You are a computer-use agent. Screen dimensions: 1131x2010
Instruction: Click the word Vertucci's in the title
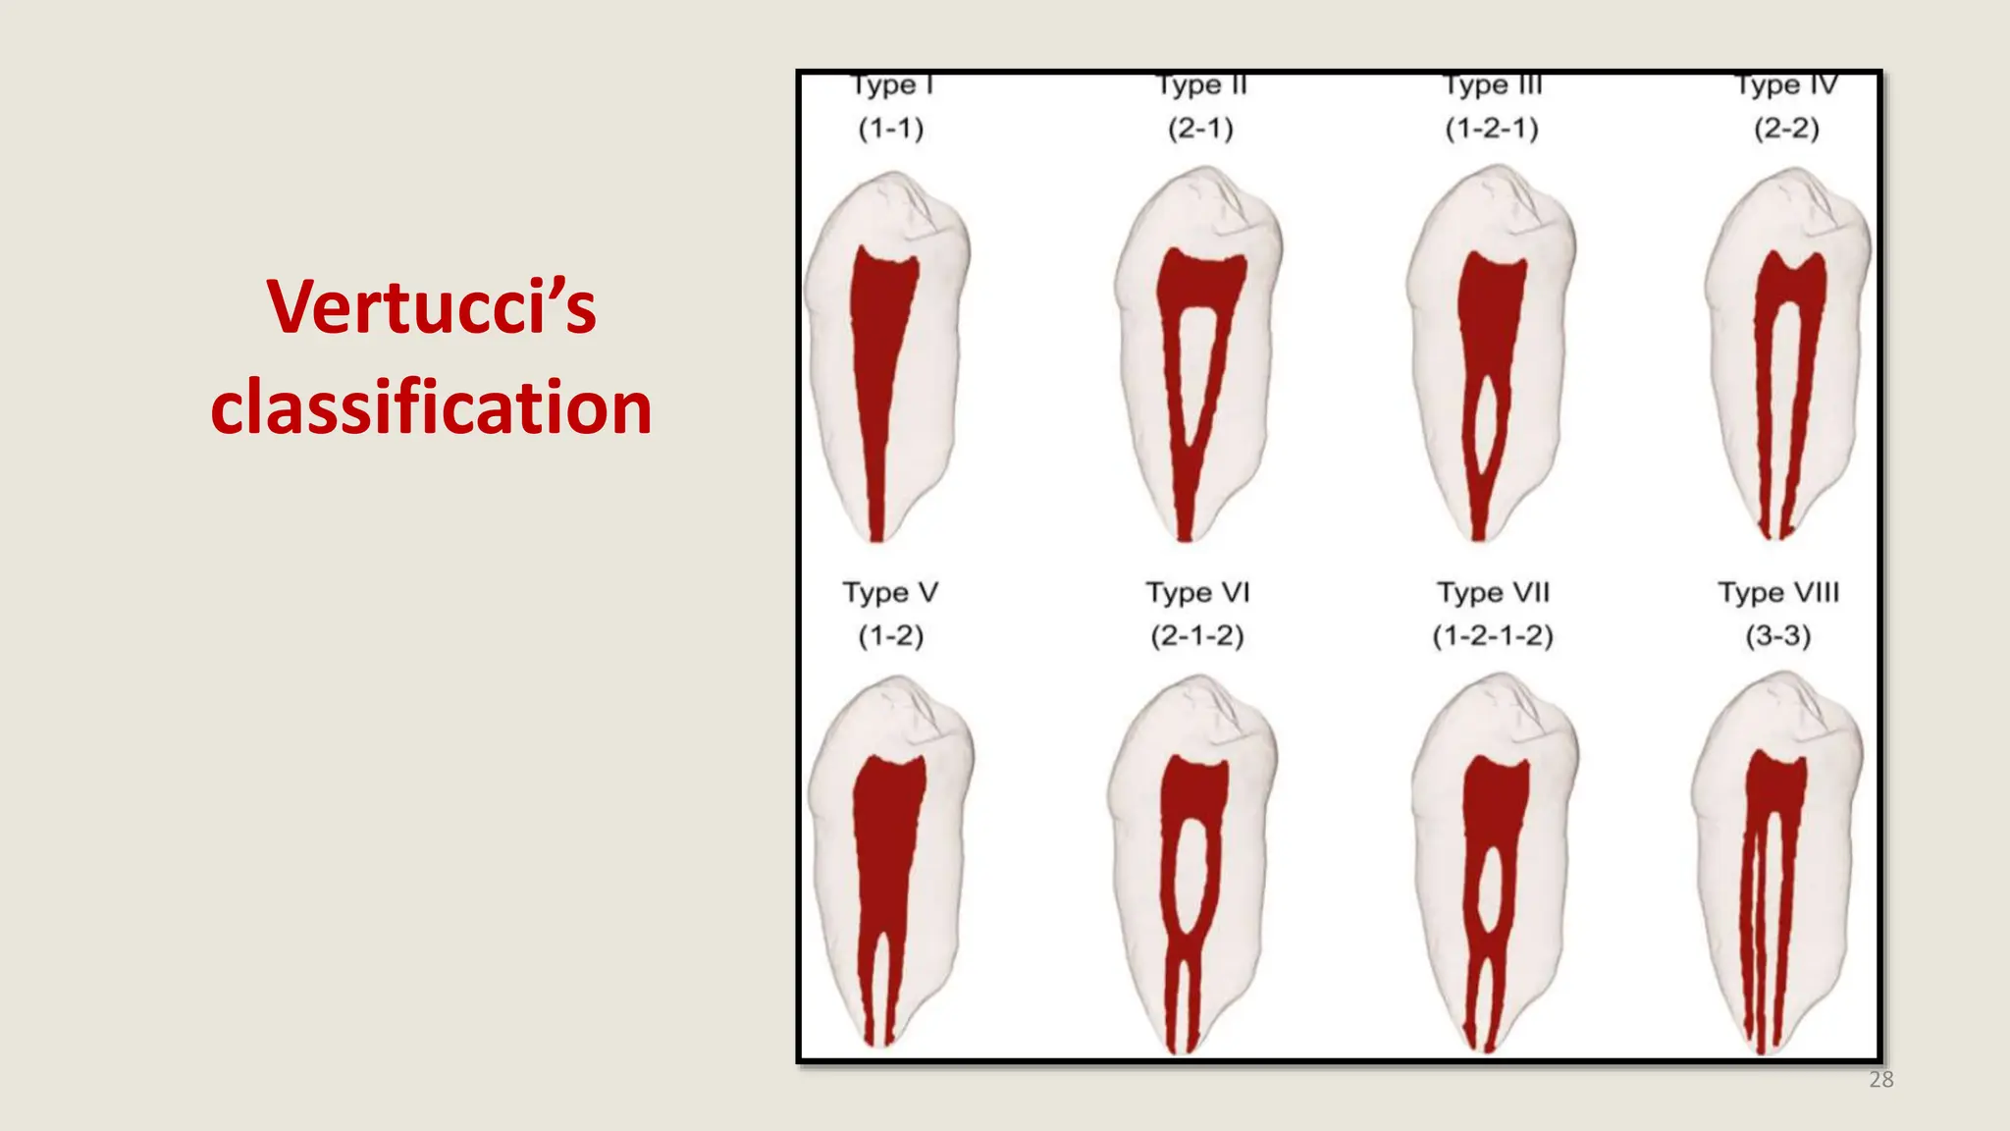click(431, 307)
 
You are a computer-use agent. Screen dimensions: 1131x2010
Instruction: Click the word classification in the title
click(431, 407)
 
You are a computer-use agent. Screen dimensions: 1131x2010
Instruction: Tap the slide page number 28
click(1880, 1080)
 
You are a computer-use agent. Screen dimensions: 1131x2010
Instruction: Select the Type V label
click(890, 593)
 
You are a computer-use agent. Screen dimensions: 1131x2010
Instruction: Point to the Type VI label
click(1197, 593)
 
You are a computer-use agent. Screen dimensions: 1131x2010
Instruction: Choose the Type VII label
click(1493, 593)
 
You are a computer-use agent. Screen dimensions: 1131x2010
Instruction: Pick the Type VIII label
click(1778, 593)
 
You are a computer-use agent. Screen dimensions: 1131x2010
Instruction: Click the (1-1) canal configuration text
click(891, 129)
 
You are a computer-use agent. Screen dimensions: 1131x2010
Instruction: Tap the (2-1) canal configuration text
click(1200, 129)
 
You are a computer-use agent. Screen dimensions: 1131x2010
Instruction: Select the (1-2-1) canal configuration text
click(1492, 129)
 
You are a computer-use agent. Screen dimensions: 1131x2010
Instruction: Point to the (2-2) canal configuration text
click(1786, 129)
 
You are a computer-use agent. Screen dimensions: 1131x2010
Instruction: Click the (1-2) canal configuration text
click(891, 636)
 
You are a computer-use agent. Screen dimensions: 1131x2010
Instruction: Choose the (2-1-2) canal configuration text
click(1197, 636)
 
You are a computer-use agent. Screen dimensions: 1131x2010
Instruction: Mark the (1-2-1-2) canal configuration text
click(1493, 636)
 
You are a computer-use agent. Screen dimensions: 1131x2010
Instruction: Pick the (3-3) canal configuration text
click(1778, 636)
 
